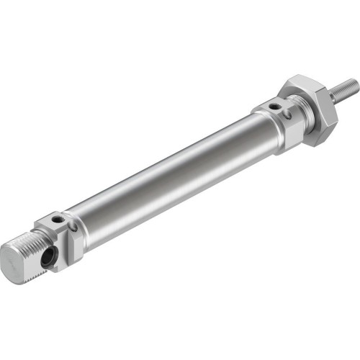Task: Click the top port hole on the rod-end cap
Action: (276, 107)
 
